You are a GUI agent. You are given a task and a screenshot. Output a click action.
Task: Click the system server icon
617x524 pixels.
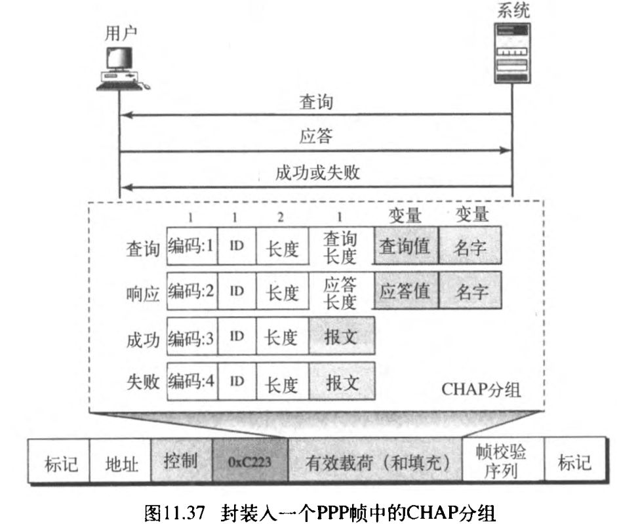click(x=513, y=52)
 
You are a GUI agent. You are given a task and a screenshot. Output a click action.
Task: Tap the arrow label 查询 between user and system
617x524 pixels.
click(x=316, y=102)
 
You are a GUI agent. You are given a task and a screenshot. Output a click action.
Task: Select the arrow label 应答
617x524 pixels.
click(x=316, y=137)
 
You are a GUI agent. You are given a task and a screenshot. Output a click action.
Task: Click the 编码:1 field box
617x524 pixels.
click(x=192, y=247)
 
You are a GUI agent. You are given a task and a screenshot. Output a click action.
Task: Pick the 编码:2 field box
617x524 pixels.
click(x=192, y=292)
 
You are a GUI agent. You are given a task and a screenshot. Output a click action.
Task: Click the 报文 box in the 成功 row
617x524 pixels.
click(x=342, y=336)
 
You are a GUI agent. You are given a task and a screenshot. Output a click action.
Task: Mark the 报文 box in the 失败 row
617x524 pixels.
click(x=342, y=381)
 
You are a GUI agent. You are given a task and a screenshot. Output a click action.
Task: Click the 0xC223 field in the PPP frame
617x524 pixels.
click(x=250, y=462)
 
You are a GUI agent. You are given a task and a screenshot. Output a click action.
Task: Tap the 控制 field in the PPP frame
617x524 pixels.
click(x=181, y=462)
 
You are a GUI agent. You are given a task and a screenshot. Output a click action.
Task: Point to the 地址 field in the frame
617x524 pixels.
click(x=121, y=463)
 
